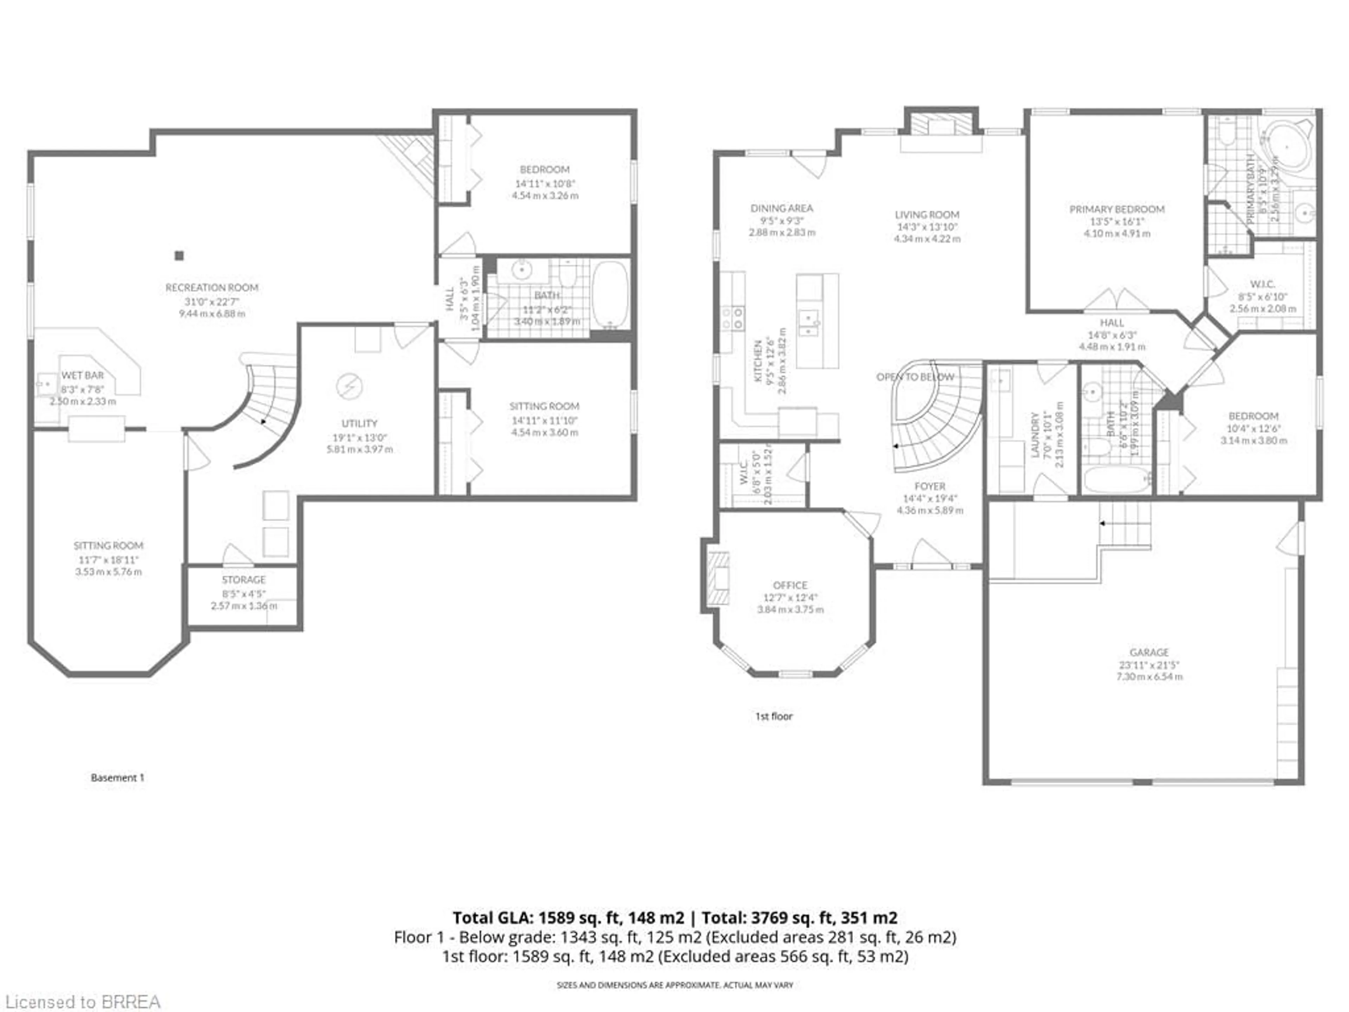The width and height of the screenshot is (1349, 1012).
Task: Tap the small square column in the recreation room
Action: (179, 255)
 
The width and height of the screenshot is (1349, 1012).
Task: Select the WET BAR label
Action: (82, 376)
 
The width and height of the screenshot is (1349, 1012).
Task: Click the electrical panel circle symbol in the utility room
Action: (350, 386)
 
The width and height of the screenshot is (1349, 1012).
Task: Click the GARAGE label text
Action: (1149, 652)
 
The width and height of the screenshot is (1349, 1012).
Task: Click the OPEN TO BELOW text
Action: (915, 377)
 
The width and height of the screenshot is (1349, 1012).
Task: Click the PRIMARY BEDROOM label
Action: (1117, 209)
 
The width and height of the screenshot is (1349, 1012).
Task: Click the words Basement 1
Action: (118, 778)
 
